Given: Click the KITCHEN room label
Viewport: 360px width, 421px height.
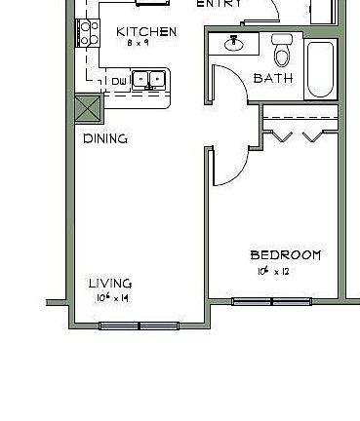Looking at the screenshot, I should point(146,32).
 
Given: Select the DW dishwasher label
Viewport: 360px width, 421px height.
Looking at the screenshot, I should point(117,81).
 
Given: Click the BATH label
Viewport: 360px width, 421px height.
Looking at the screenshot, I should point(272,78).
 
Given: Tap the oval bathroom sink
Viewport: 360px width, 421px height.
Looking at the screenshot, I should point(235,44).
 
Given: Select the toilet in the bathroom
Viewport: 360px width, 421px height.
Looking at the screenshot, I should point(283,46).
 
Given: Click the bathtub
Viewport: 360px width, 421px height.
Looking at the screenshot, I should point(319,68).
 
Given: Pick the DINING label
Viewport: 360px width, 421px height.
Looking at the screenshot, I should point(106,138).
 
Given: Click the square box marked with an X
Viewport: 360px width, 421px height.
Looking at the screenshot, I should point(88,105).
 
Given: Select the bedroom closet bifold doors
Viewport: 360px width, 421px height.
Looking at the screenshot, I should point(298,134).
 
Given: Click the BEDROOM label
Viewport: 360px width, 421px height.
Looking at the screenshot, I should point(286,255).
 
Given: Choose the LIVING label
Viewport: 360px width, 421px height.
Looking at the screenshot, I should point(110,284).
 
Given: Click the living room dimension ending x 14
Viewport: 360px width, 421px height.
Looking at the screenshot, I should point(113,297).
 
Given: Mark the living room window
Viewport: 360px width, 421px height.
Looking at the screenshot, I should point(140,325).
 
